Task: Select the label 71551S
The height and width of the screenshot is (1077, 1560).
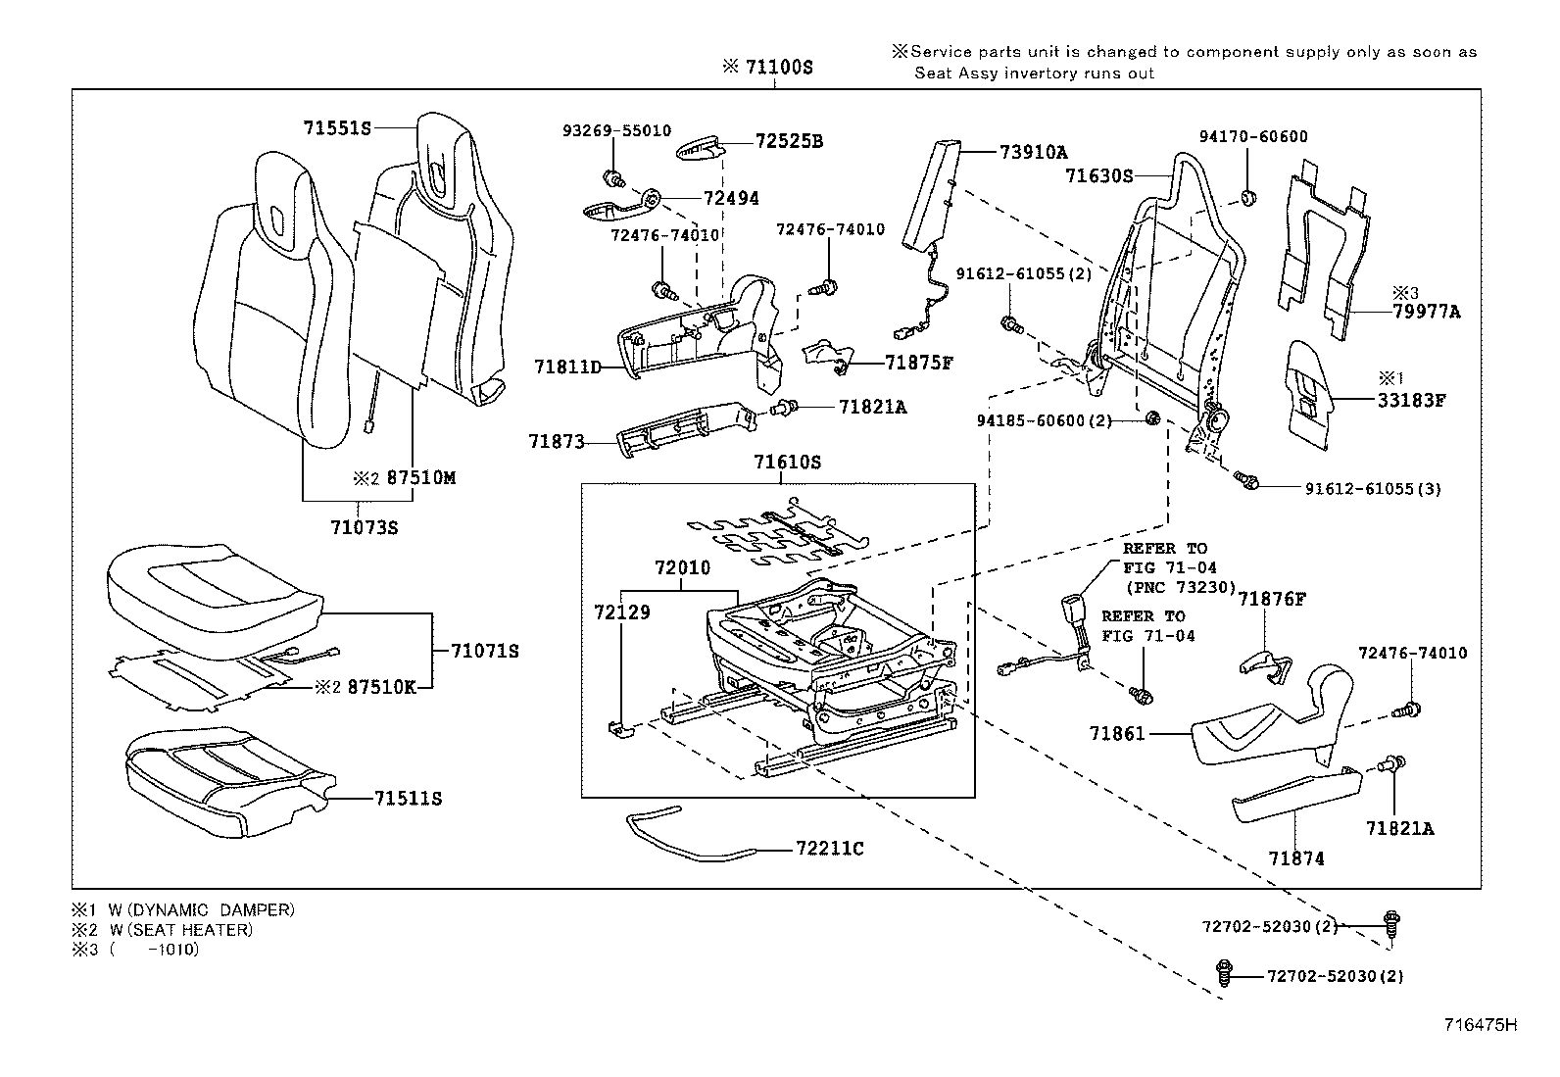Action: [x=337, y=128]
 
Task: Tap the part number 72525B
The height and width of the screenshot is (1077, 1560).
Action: [x=789, y=142]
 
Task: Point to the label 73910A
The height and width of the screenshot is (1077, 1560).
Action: [x=1034, y=152]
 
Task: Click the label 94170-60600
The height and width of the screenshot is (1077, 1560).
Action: [x=1253, y=137]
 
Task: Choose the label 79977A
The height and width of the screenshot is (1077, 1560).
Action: [x=1426, y=312]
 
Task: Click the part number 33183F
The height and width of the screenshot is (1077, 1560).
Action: [x=1413, y=400]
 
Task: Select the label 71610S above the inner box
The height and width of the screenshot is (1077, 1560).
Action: [x=787, y=462]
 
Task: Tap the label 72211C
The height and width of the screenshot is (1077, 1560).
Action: [x=830, y=849]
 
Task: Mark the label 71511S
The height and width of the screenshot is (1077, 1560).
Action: [x=408, y=799]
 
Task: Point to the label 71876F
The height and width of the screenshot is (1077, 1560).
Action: [x=1271, y=599]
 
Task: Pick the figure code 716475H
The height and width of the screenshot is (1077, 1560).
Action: [x=1480, y=1025]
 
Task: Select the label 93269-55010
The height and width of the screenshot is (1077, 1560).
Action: [x=616, y=130]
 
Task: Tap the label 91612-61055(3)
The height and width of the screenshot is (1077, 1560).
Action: [x=1372, y=488]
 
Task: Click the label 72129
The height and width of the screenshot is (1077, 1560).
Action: [x=621, y=612]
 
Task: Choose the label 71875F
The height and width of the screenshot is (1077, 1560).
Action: [x=918, y=363]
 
